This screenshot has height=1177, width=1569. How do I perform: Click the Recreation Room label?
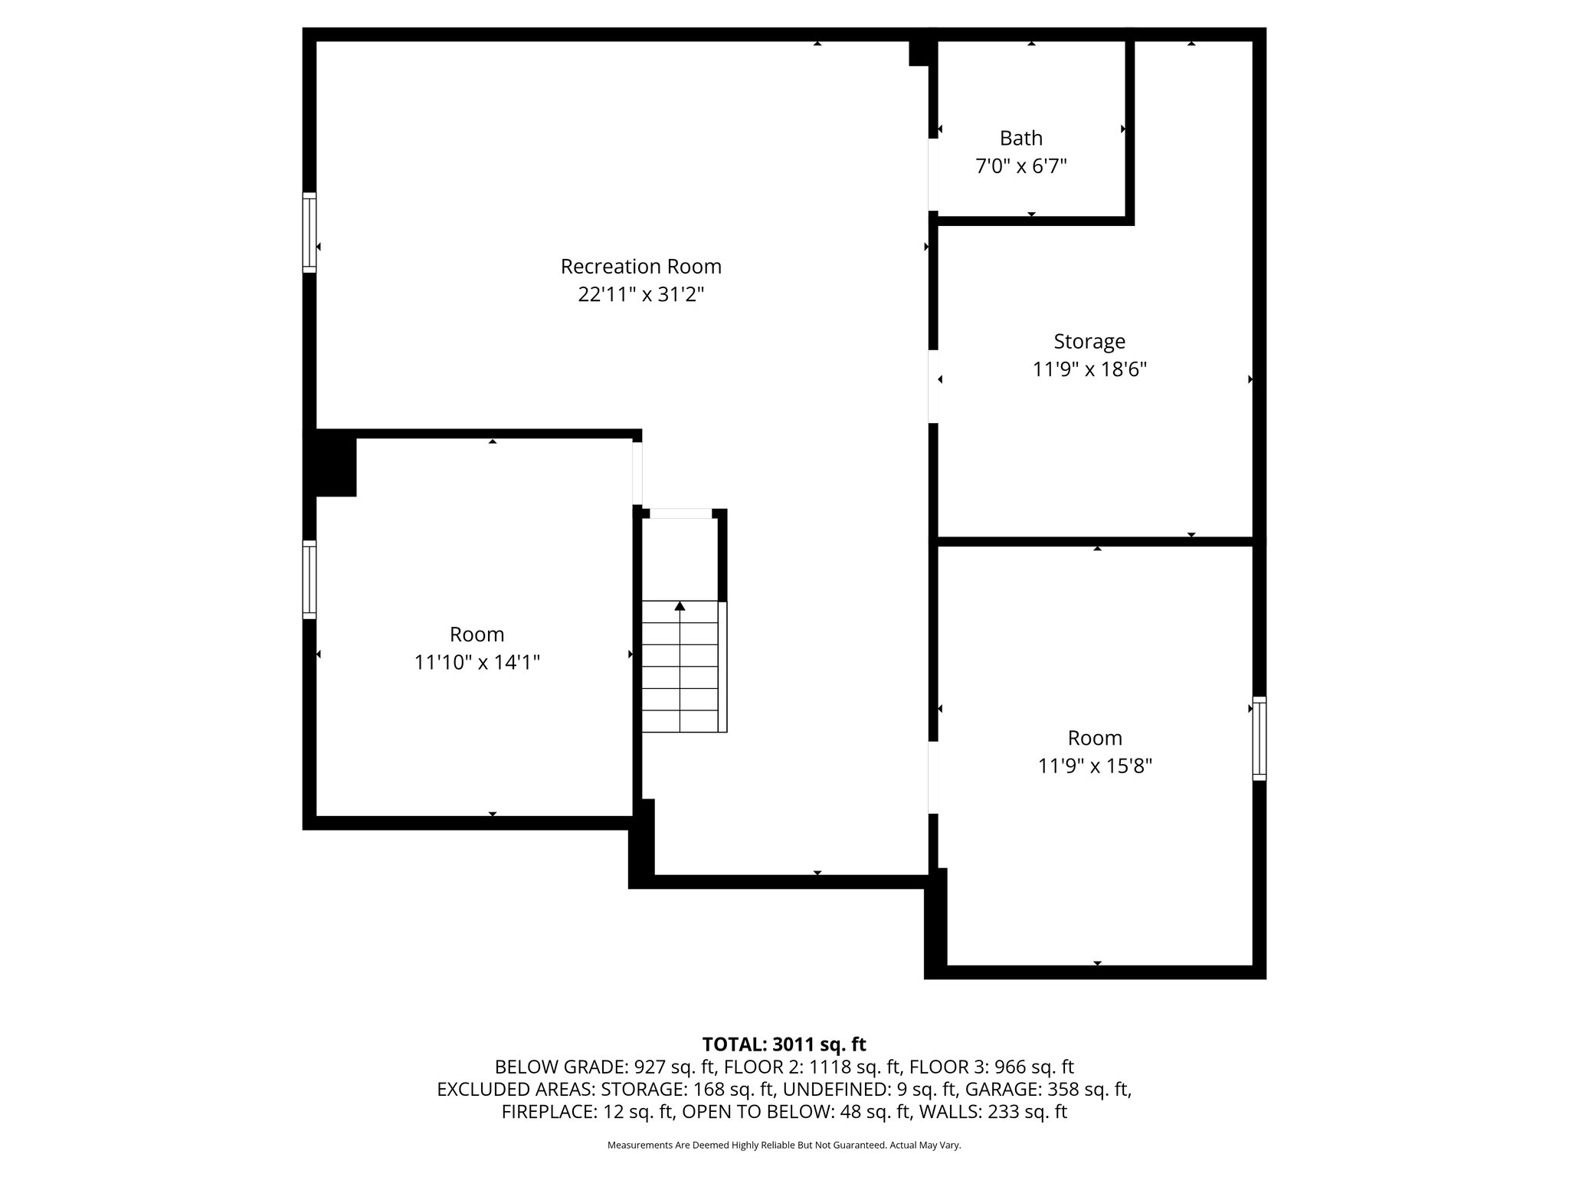click(x=640, y=267)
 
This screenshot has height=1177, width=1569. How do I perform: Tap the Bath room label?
click(x=1020, y=138)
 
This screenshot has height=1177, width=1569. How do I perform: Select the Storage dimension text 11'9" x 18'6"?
click(x=1089, y=369)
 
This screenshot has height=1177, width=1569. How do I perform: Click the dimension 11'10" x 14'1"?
click(x=477, y=662)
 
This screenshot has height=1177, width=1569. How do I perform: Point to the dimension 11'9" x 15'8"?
click(x=1095, y=766)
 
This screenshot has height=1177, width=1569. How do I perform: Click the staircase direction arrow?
click(x=680, y=607)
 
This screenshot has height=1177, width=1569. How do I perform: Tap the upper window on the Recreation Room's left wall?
click(x=310, y=232)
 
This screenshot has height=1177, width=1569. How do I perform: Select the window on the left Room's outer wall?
click(x=310, y=579)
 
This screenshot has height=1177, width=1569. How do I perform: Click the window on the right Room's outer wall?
click(x=1259, y=738)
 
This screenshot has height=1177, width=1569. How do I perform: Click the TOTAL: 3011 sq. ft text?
click(x=784, y=1044)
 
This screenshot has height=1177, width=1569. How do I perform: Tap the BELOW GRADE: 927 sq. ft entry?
click(x=604, y=1067)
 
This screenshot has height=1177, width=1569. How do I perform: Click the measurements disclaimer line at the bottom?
click(x=784, y=1145)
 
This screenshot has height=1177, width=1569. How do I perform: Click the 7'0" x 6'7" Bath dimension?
click(x=1020, y=166)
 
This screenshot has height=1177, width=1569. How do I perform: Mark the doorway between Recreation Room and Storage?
click(x=933, y=386)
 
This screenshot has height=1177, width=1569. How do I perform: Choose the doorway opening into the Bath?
click(x=933, y=175)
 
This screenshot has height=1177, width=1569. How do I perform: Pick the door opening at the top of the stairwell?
click(x=680, y=513)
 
